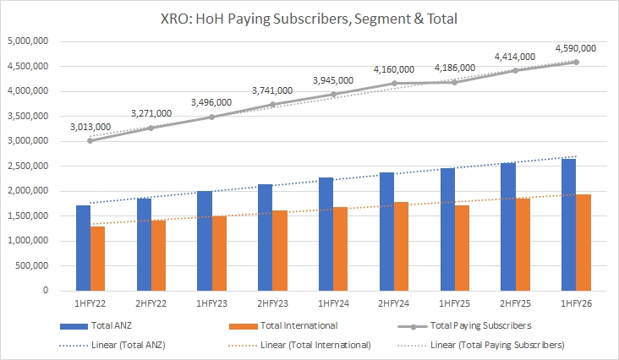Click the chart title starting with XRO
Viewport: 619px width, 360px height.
click(x=309, y=18)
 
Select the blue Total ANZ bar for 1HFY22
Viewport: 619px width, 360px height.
click(x=83, y=248)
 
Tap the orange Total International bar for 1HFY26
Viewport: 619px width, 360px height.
click(x=583, y=243)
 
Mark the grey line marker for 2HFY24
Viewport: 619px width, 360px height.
click(x=393, y=83)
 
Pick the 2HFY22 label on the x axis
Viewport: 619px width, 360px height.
click(x=151, y=303)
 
